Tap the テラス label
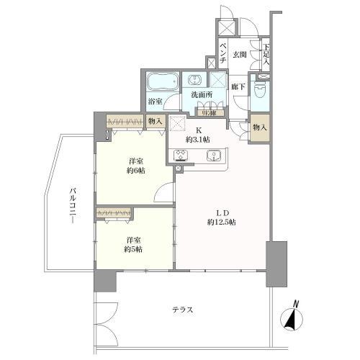[x=181, y=310]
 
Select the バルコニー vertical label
[x=73, y=207]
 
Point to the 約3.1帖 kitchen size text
[x=196, y=139]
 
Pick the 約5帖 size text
[x=131, y=248]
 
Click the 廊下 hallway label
[x=239, y=87]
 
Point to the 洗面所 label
[x=201, y=94]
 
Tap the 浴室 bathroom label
[x=156, y=102]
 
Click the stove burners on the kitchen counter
[x=181, y=156]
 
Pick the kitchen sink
[x=213, y=156]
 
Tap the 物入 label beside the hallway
[x=260, y=127]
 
